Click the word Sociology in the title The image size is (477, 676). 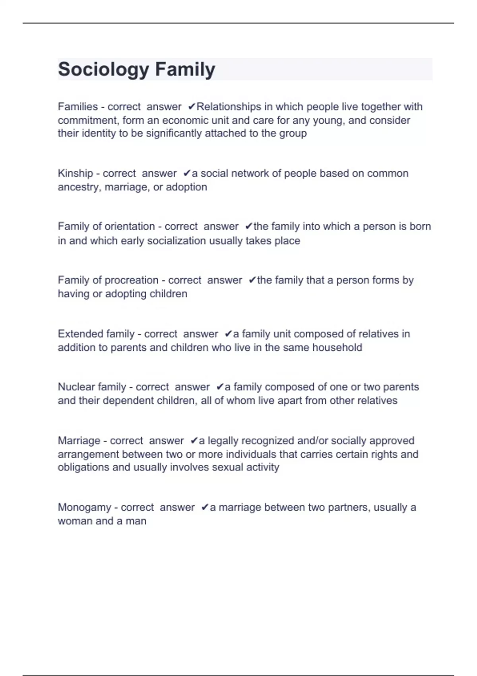[x=103, y=70]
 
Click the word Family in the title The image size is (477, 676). [x=185, y=70]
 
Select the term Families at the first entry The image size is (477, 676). [x=78, y=107]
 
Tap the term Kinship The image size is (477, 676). [x=75, y=173]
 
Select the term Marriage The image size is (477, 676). [x=79, y=441]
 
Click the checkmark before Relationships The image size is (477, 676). [x=191, y=107]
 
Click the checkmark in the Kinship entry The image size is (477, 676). [x=186, y=173]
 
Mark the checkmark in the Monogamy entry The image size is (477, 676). [x=205, y=507]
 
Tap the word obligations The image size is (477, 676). [x=83, y=467]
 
